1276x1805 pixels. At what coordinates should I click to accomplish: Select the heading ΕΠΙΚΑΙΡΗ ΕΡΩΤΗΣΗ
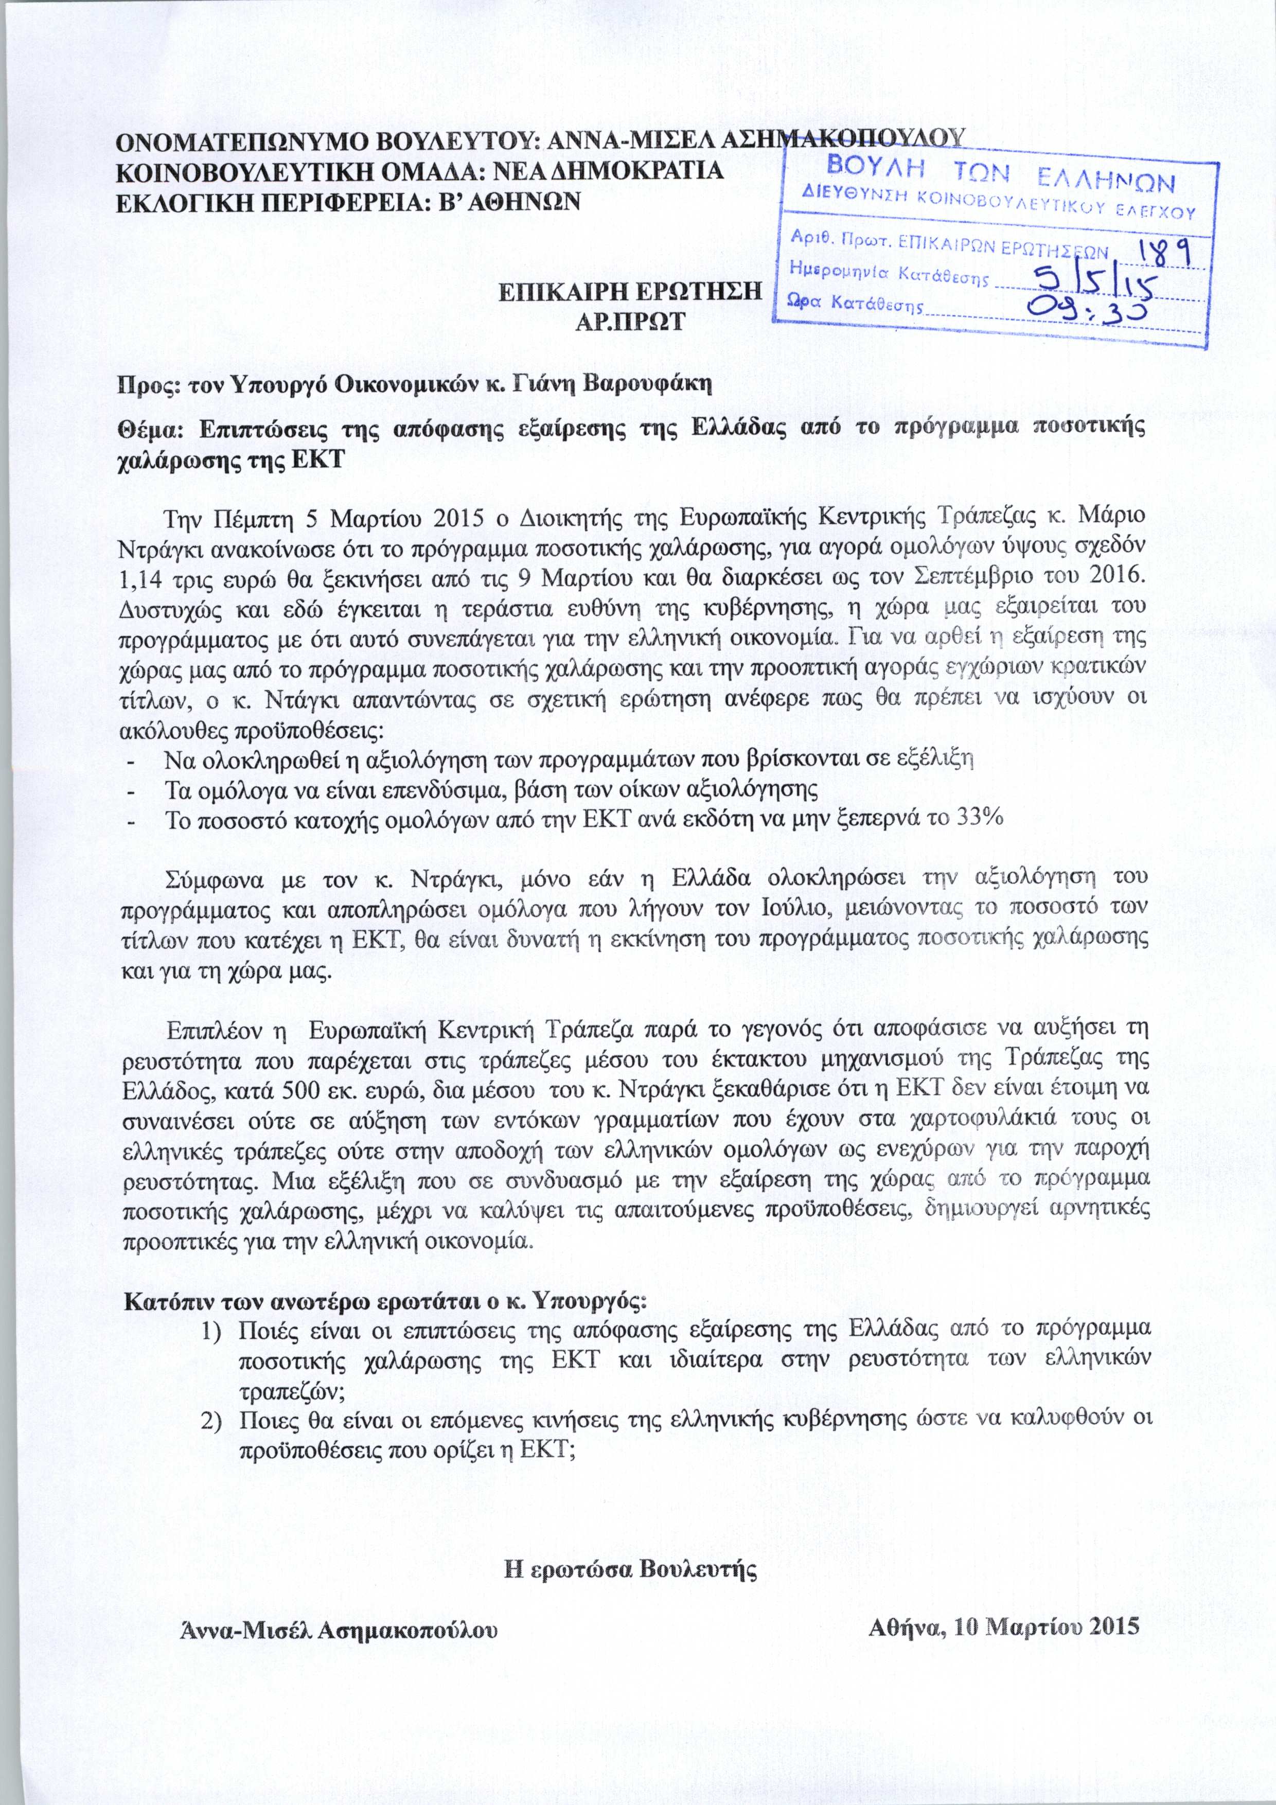click(631, 292)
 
